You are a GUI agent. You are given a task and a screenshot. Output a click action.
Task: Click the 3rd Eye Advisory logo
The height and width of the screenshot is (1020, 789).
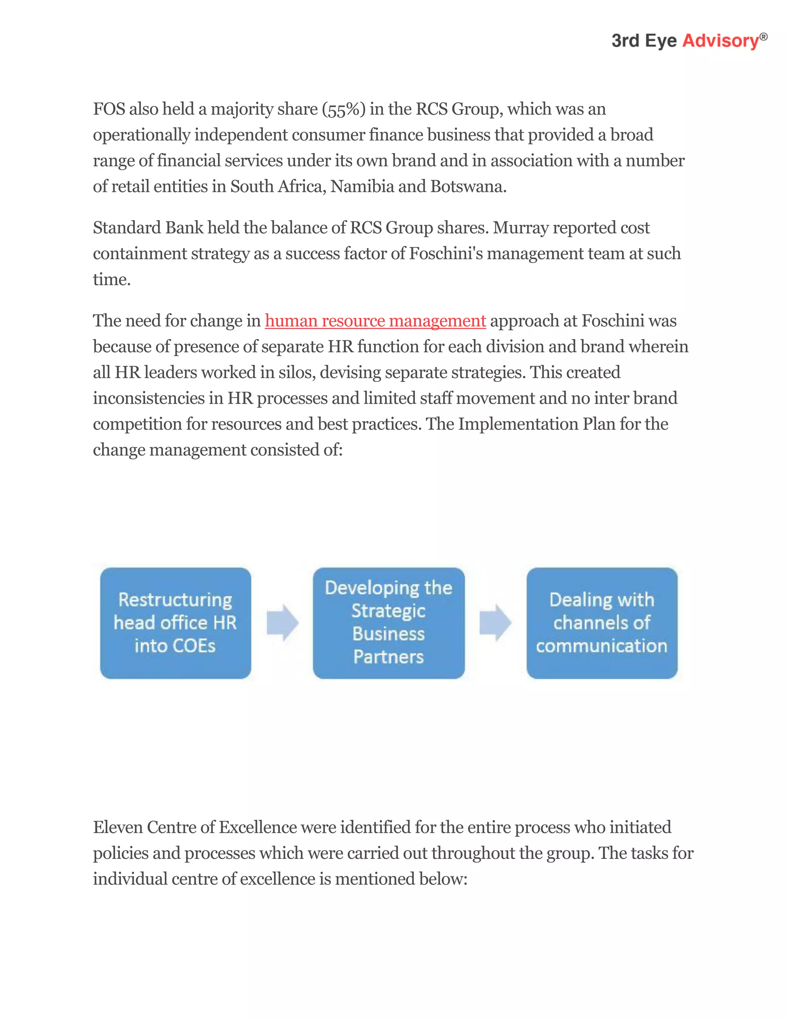[x=689, y=41]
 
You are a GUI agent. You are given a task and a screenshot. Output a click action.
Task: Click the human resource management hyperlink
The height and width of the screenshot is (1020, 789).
[x=375, y=321]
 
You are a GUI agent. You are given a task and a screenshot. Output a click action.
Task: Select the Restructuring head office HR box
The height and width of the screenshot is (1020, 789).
[x=175, y=623]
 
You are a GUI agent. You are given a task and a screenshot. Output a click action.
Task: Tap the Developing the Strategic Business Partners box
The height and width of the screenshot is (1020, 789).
[x=388, y=623]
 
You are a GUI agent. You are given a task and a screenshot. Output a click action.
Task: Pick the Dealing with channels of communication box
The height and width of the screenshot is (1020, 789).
[x=601, y=623]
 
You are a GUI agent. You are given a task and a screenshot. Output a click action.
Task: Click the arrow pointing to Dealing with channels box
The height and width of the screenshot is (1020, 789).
[x=495, y=622]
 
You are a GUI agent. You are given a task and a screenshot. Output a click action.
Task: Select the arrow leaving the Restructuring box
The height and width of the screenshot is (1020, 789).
[x=282, y=622]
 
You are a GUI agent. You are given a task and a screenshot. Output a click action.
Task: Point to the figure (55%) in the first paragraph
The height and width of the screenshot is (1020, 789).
[x=344, y=109]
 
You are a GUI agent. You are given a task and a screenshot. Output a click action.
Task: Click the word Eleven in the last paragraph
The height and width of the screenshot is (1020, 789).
[x=118, y=827]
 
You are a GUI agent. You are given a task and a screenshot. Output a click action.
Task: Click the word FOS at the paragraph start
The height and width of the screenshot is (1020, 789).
[x=109, y=109]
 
